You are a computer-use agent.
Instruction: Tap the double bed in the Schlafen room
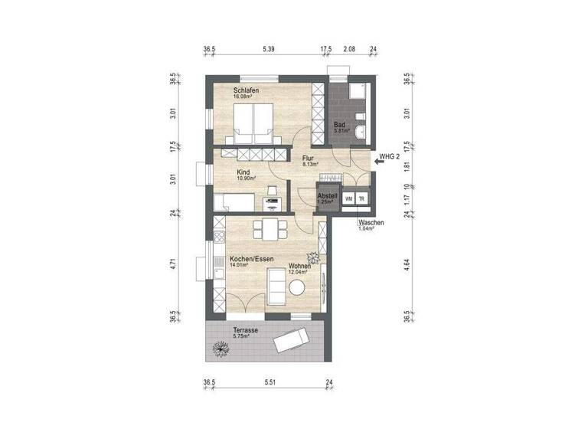[x=255, y=122]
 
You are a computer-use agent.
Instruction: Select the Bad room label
[x=339, y=124]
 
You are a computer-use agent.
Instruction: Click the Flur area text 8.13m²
[x=310, y=164]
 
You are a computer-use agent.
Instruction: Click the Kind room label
[x=243, y=172]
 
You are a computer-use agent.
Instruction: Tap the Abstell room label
[x=328, y=196]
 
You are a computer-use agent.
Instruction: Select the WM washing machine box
[x=349, y=199]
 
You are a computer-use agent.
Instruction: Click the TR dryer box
[x=362, y=199]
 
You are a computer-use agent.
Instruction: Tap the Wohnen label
[x=299, y=266]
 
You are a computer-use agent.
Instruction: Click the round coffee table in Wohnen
[x=298, y=287]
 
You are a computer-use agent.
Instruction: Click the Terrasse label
[x=246, y=330]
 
